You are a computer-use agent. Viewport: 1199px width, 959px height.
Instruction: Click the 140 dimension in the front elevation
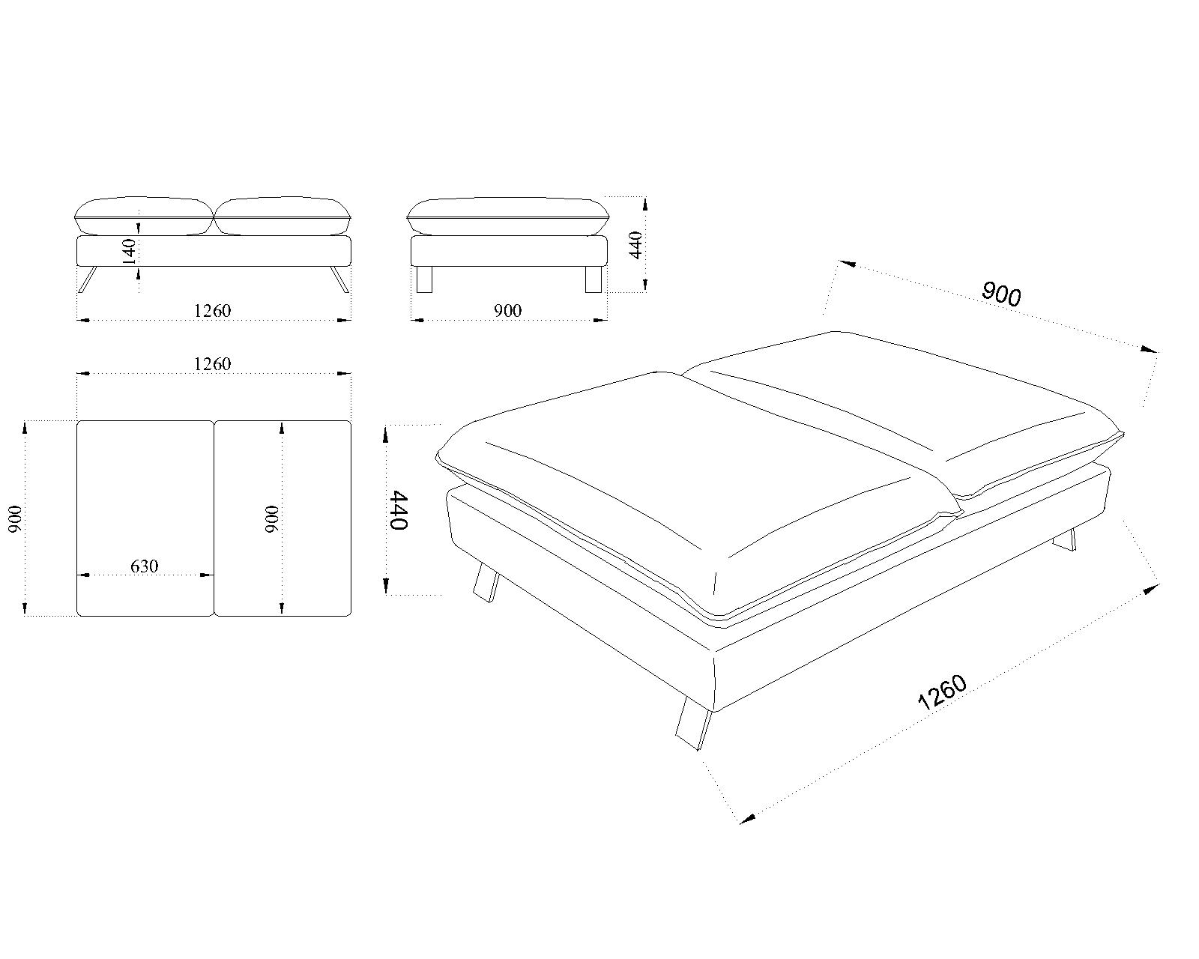pyautogui.click(x=129, y=251)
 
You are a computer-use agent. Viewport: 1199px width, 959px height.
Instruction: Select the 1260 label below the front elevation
pyautogui.click(x=212, y=310)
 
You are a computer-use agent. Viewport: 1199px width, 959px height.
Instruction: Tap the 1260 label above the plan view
pyautogui.click(x=212, y=364)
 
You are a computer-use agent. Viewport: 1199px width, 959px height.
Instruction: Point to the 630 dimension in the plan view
pyautogui.click(x=145, y=566)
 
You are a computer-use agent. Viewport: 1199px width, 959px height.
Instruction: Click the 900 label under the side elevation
pyautogui.click(x=507, y=310)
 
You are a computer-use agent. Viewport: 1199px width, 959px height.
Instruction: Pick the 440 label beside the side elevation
pyautogui.click(x=635, y=245)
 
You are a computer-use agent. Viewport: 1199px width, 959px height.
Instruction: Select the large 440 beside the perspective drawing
pyautogui.click(x=399, y=510)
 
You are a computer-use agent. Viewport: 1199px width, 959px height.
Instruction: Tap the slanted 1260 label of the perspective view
pyautogui.click(x=942, y=692)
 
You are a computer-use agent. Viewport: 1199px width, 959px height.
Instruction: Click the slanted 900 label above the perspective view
pyautogui.click(x=1001, y=294)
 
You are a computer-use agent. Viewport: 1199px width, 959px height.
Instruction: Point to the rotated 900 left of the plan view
pyautogui.click(x=16, y=518)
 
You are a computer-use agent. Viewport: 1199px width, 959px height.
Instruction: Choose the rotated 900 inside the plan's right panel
pyautogui.click(x=271, y=518)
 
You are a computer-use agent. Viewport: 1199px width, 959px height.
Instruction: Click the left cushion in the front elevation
pyautogui.click(x=144, y=216)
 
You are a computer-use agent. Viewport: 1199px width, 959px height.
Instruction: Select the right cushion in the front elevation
pyautogui.click(x=283, y=216)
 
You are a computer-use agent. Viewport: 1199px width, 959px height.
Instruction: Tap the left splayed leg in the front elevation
pyautogui.click(x=88, y=279)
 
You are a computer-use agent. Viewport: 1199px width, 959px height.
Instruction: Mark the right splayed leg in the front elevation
pyautogui.click(x=339, y=279)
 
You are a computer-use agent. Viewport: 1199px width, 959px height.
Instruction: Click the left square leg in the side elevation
pyautogui.click(x=425, y=279)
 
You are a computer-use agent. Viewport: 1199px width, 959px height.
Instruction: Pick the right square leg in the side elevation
pyautogui.click(x=594, y=279)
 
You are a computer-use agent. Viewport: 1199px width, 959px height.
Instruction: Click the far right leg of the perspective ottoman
pyautogui.click(x=1065, y=540)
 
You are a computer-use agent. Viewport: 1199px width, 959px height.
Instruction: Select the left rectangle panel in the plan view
pyautogui.click(x=145, y=518)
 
